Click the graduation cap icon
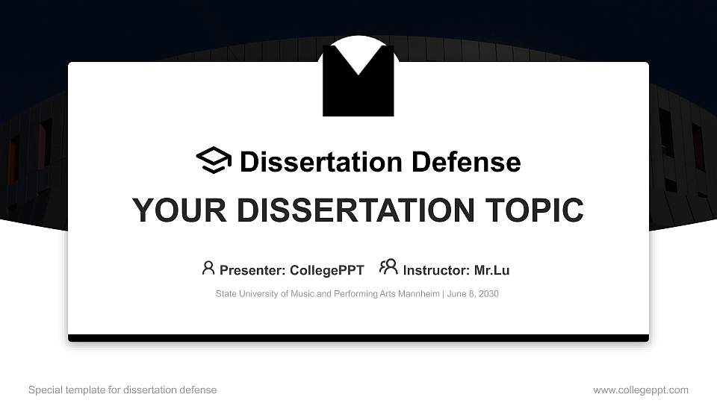point(214,160)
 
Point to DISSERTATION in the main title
point(344,210)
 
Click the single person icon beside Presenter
point(208,268)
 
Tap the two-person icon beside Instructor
point(388,267)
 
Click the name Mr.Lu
point(492,270)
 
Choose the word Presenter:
point(252,270)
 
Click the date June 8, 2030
point(473,294)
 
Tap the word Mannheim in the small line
point(420,294)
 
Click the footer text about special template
point(122,390)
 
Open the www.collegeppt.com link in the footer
point(641,390)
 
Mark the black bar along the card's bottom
point(358,338)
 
